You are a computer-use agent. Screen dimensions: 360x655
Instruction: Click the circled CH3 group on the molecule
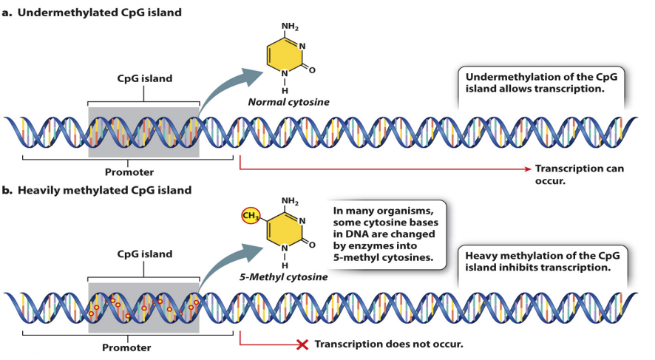252,217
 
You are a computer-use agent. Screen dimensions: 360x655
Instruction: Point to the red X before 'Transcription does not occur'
302,344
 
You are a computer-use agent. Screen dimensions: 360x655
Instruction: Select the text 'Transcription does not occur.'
389,344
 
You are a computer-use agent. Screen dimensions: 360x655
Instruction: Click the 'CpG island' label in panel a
144,78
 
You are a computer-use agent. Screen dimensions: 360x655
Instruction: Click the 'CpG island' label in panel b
144,254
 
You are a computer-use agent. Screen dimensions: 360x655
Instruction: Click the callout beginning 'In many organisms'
382,233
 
